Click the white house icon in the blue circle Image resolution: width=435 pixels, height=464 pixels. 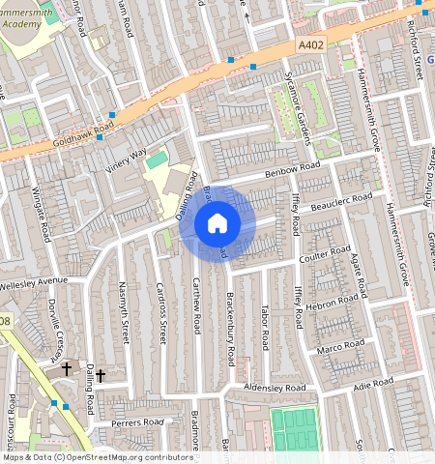click(217, 223)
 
